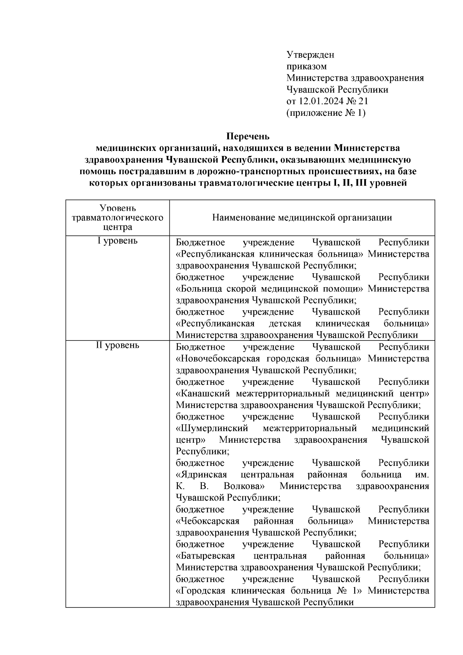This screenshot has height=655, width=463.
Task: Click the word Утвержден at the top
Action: point(310,55)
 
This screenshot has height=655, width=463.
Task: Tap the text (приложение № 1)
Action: point(326,113)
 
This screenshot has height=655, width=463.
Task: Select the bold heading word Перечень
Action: point(248,137)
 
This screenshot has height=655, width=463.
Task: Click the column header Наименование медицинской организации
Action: point(302,218)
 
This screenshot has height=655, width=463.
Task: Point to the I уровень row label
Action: point(117,241)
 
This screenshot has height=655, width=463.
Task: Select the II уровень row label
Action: point(117,345)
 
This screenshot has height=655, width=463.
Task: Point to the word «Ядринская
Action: point(201,475)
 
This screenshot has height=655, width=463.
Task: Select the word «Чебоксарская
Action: point(208,521)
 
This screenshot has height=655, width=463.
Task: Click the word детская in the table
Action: point(285,324)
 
